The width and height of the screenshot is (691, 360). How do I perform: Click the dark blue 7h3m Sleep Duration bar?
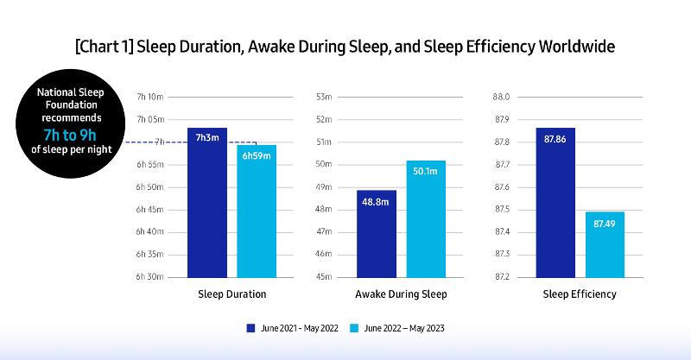(206, 202)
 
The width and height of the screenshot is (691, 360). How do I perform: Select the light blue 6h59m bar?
(257, 211)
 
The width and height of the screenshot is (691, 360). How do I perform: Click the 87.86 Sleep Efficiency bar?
(555, 202)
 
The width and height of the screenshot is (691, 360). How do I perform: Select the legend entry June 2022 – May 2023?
(398, 328)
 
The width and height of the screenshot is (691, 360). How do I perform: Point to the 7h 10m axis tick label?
(150, 97)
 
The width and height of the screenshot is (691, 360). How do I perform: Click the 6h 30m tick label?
(150, 277)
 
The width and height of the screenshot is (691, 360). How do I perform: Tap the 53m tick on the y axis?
(324, 97)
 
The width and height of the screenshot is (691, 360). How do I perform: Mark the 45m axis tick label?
(324, 277)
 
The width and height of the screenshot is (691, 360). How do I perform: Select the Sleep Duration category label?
(231, 294)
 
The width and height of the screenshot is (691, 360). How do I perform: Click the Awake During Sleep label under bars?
(401, 294)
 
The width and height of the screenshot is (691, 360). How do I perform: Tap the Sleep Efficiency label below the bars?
(580, 294)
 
